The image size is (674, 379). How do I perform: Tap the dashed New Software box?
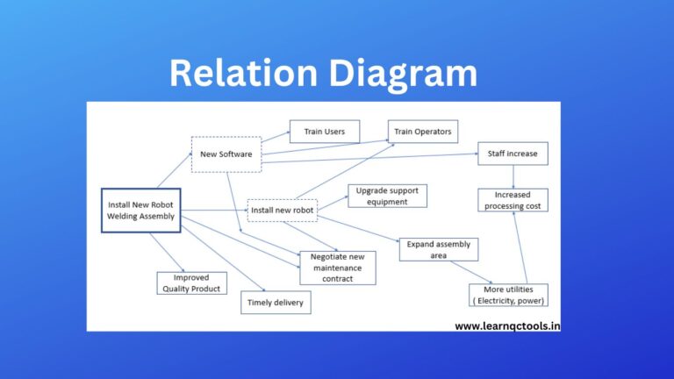(x=226, y=154)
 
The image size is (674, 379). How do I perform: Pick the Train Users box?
(x=324, y=132)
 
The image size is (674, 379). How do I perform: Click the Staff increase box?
(x=513, y=154)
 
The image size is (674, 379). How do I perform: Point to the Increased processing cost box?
(x=513, y=200)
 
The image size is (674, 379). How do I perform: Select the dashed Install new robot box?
(x=282, y=211)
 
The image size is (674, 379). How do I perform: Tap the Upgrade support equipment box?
(x=387, y=196)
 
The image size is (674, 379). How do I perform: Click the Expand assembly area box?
(x=439, y=249)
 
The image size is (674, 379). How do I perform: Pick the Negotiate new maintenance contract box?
(x=337, y=268)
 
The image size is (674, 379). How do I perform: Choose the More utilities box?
(x=508, y=295)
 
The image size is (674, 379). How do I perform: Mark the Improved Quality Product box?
(x=191, y=282)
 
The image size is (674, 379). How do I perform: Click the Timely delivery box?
(x=276, y=302)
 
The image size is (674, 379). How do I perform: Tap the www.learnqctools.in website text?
(x=507, y=325)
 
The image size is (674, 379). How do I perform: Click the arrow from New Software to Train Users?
(x=276, y=137)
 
